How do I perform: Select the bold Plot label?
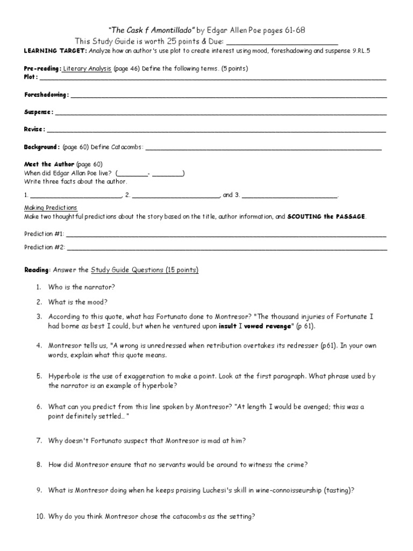[31, 77]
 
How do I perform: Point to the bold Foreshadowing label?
[46, 95]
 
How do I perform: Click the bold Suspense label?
[38, 112]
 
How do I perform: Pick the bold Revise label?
[34, 129]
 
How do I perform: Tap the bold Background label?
[41, 147]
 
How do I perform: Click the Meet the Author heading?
[49, 164]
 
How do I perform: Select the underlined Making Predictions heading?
[51, 208]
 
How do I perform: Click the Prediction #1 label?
[44, 234]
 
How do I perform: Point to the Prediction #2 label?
[44, 248]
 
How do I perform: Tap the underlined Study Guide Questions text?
[145, 270]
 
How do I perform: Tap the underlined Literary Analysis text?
[87, 69]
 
